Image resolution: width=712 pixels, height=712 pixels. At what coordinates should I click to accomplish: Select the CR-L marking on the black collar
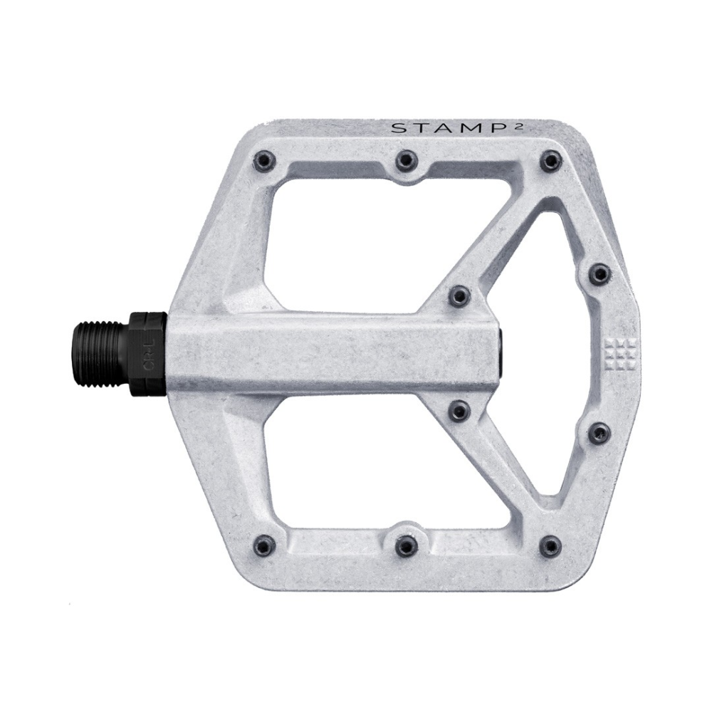[147, 354]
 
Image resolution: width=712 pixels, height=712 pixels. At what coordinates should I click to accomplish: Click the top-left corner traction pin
[265, 160]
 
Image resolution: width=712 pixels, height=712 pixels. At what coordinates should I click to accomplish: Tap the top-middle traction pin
[406, 160]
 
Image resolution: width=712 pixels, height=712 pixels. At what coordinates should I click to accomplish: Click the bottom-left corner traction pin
[265, 545]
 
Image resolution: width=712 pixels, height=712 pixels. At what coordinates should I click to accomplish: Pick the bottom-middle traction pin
[406, 546]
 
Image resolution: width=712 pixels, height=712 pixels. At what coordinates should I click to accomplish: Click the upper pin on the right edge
[600, 273]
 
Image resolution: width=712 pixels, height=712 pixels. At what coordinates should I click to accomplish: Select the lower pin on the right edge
[600, 432]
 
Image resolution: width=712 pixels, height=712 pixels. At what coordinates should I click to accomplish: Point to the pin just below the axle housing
[459, 412]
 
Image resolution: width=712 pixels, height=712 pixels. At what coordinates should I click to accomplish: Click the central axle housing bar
[335, 353]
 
